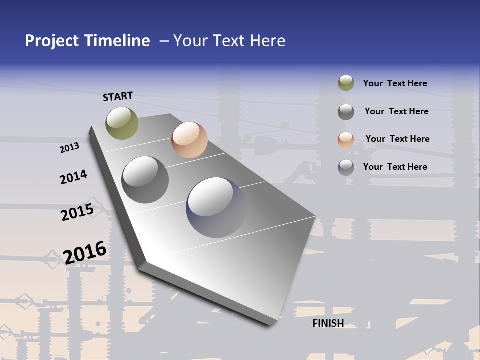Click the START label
pyautogui.click(x=118, y=96)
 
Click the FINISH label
pyautogui.click(x=328, y=323)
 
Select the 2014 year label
pyautogui.click(x=73, y=177)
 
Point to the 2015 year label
pyautogui.click(x=77, y=212)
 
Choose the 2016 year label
pyautogui.click(x=85, y=252)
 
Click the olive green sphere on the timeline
pyautogui.click(x=122, y=123)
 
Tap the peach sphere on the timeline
pyautogui.click(x=189, y=140)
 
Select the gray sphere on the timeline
pyautogui.click(x=145, y=180)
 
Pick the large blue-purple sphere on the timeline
pyautogui.click(x=216, y=207)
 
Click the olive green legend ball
pyautogui.click(x=346, y=83)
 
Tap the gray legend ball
pyautogui.click(x=346, y=112)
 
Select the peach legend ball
pyautogui.click(x=346, y=139)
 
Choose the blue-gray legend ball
pyautogui.click(x=346, y=167)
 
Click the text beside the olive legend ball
pyautogui.click(x=395, y=83)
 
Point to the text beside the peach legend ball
pyautogui.click(x=397, y=139)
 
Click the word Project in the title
pyautogui.click(x=52, y=41)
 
